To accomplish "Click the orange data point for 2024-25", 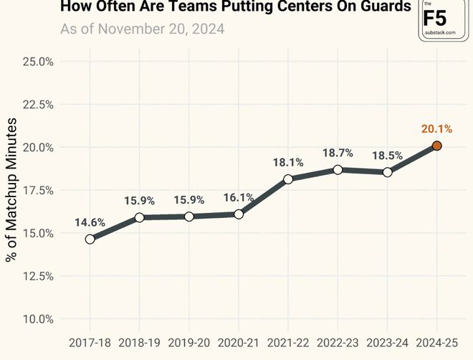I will tap(436, 146).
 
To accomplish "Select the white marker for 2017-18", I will tap(90, 239).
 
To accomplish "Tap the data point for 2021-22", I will tap(287, 179).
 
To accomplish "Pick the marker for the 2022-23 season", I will tap(337, 169).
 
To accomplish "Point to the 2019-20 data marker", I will tap(189, 217).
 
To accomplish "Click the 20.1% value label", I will tap(436, 129).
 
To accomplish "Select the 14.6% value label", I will tap(90, 222).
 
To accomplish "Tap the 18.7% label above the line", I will tap(337, 153).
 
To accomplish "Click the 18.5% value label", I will tap(387, 156).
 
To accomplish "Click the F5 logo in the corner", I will tap(439, 19).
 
